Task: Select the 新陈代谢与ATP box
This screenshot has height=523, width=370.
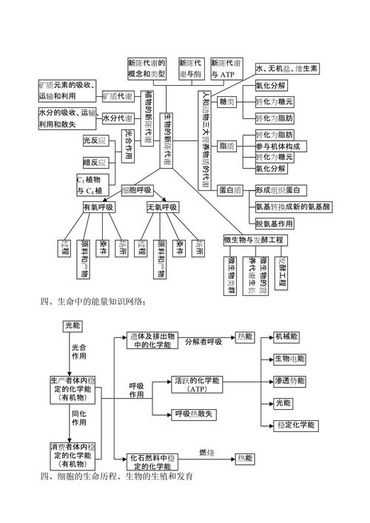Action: click(x=226, y=69)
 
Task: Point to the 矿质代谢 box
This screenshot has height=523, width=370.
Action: click(x=118, y=97)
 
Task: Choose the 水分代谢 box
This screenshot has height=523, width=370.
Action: click(x=118, y=118)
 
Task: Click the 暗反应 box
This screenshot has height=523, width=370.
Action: click(x=95, y=162)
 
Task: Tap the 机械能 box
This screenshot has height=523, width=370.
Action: click(x=286, y=336)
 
